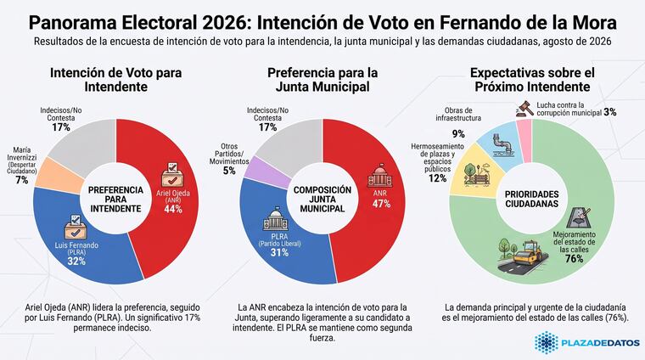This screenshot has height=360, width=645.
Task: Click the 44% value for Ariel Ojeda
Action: pos(173,209)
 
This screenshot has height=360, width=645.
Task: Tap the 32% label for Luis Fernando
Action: pos(76,261)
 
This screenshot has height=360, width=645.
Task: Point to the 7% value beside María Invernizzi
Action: pos(22,180)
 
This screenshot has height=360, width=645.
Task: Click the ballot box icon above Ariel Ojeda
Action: pos(172,175)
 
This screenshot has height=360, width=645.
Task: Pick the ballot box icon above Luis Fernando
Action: pos(76,227)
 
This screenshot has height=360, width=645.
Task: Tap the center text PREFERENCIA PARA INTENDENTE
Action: pos(116,200)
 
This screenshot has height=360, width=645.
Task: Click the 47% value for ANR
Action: pos(381,204)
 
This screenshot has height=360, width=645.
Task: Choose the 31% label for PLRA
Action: pos(279,252)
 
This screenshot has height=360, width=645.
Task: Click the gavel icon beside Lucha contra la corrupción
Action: pos(524,109)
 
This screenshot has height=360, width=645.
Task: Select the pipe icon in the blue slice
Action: pos(502,145)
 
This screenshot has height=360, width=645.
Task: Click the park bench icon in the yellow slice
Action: pos(477,174)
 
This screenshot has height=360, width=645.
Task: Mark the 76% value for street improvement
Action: pos(574,258)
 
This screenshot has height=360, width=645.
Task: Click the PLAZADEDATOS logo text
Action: pos(600,343)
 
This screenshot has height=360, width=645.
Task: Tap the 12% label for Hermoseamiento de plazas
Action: pos(437,178)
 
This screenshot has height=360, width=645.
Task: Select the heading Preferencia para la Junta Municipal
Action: pos(322,80)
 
